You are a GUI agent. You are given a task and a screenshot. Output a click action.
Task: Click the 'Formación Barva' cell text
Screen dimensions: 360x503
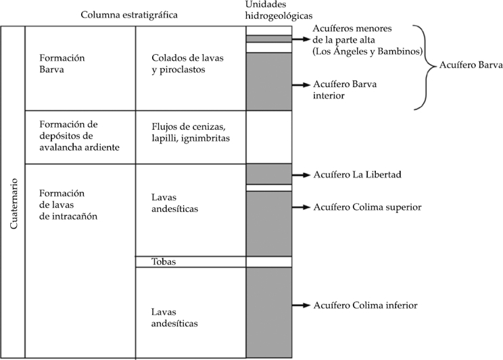point(62,62)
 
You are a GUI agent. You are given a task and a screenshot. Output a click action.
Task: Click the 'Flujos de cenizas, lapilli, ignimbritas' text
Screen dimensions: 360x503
point(191,132)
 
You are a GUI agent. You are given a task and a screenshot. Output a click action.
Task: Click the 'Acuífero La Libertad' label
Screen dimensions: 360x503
point(358,174)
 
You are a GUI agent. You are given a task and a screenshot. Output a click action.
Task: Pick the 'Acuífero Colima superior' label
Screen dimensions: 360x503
point(368,207)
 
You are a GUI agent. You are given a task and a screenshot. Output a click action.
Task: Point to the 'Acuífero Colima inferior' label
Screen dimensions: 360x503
point(365,305)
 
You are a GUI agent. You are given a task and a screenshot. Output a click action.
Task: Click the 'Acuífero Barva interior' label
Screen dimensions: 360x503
point(345,91)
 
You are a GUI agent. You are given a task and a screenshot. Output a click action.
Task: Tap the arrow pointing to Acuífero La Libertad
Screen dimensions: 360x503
point(302,174)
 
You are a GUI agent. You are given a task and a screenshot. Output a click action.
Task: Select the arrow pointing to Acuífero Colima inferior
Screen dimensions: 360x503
point(302,305)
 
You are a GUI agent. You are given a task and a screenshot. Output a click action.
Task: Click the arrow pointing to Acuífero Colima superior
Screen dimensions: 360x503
point(302,207)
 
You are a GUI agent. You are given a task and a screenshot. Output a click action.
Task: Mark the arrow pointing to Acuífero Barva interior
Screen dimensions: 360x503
point(302,85)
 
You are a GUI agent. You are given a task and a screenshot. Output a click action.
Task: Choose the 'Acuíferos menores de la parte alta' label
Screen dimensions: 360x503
point(367,40)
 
